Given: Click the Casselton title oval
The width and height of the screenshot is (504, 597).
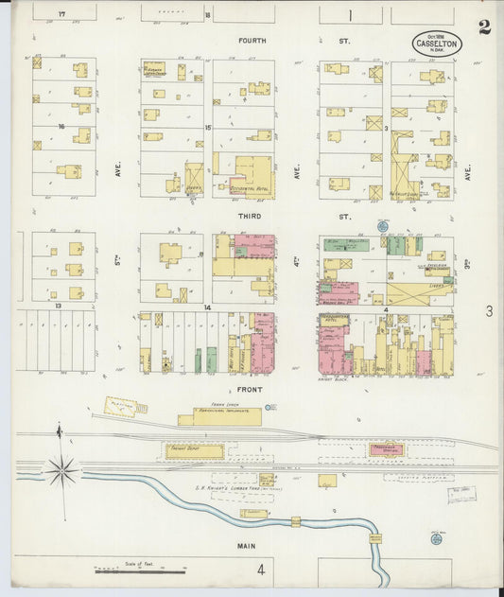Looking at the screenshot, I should point(436,44).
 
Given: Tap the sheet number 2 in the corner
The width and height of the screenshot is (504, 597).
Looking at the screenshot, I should point(484,26).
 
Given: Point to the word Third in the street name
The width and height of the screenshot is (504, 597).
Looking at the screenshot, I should point(249,216).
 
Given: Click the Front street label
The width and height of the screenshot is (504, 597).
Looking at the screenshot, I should point(249,388).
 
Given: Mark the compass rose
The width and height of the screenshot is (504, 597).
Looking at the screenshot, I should point(62,467).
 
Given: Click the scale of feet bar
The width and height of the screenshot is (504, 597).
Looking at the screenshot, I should point(141,571).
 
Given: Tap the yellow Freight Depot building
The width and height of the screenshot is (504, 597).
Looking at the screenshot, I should point(195,451).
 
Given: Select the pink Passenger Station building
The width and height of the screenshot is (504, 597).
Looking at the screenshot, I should point(385,451).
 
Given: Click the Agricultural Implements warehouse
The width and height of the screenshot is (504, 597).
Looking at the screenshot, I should point(227,416).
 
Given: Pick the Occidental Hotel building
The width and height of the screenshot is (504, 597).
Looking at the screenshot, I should point(249,176).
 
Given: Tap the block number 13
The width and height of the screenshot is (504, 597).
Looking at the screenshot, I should point(58,307).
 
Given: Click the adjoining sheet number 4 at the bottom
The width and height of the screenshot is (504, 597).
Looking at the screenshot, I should point(259,570).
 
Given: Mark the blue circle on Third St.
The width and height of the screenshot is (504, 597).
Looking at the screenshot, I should point(382,226).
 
